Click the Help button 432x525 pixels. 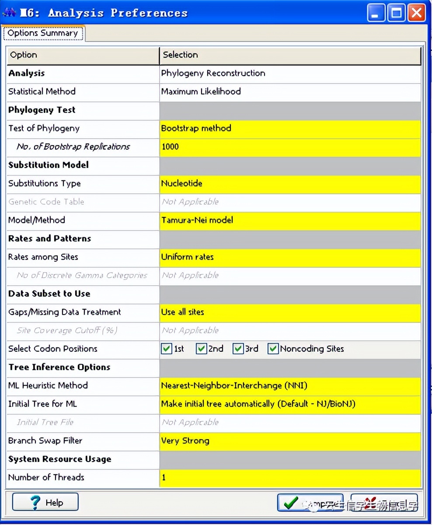(45, 502)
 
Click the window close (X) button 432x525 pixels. (416, 14)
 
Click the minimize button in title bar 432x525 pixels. (376, 14)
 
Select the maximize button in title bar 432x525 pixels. (396, 14)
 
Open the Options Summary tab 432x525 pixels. (43, 33)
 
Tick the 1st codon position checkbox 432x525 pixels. (167, 349)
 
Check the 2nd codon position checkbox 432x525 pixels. (201, 349)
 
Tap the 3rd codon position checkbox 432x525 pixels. (238, 349)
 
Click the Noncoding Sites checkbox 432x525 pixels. (273, 349)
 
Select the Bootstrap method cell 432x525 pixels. (290, 129)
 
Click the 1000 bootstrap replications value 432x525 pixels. (290, 147)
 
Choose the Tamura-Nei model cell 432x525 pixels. (290, 220)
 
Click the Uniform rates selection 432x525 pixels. (290, 257)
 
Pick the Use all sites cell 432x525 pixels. (290, 312)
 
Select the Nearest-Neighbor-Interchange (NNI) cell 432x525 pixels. (290, 386)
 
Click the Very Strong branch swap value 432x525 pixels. (290, 441)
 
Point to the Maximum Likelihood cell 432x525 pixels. (290, 92)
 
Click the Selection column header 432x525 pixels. (290, 55)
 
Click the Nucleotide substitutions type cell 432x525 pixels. (290, 184)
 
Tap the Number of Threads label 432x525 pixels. (46, 477)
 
